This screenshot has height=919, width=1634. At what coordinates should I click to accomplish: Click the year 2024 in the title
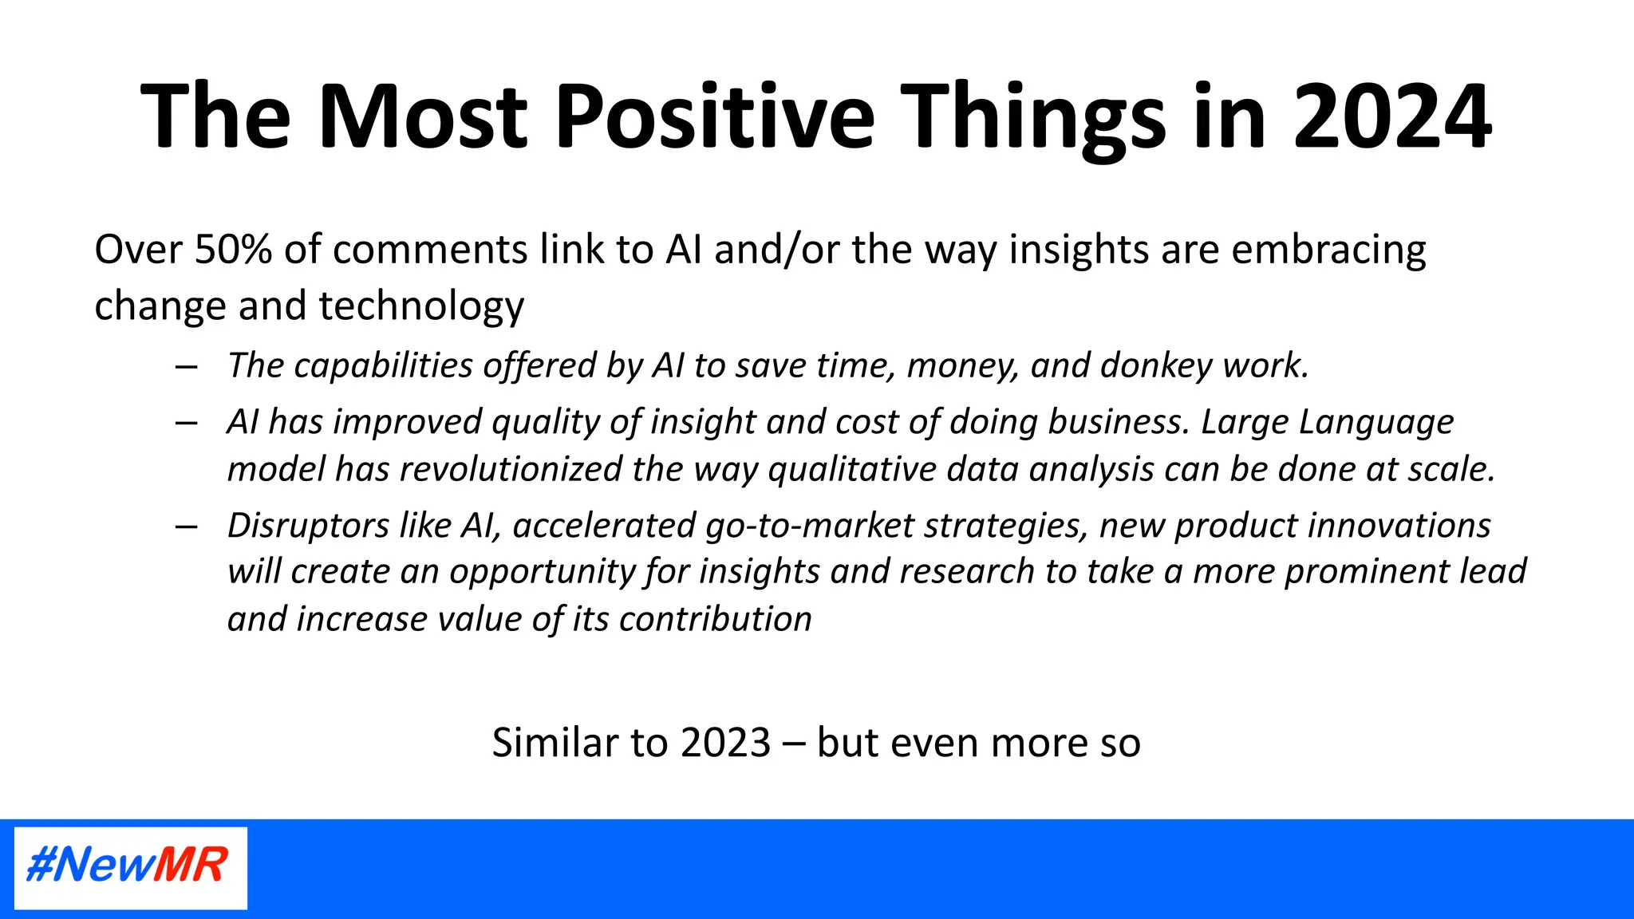[1391, 116]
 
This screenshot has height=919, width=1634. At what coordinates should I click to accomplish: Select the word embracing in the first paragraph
[1328, 250]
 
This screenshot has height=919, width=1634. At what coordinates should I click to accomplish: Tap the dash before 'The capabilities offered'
[187, 367]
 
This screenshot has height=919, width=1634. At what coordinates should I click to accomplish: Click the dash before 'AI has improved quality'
[187, 423]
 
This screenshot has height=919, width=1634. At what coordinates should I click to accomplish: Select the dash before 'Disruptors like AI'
[187, 527]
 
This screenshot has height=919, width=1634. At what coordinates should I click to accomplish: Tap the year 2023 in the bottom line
[726, 743]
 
